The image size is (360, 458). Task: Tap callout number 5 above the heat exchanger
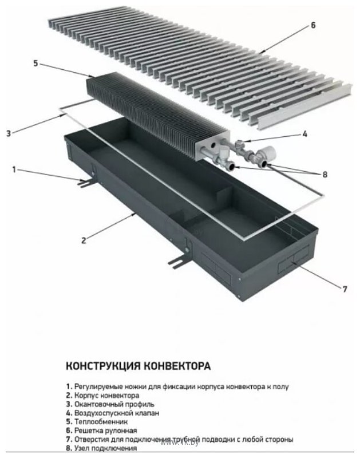coord(35,64)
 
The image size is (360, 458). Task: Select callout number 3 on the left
coord(9,134)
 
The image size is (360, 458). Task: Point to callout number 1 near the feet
coord(15,169)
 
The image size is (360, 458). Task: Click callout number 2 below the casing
coord(84,240)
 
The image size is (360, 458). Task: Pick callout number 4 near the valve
coord(305,134)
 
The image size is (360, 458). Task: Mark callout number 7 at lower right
coord(345,289)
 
